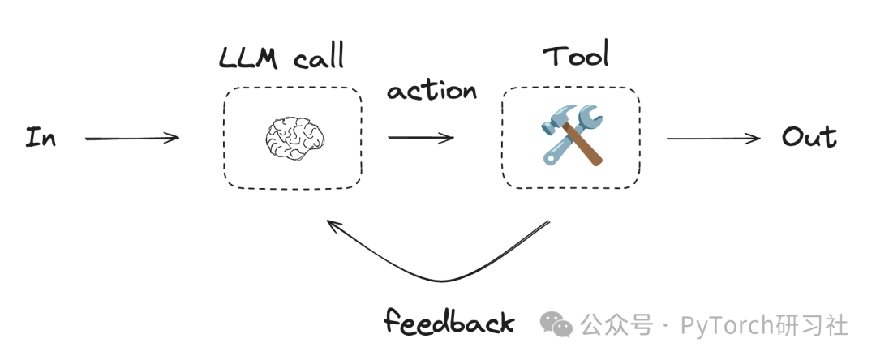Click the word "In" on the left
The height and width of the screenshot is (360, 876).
click(x=41, y=137)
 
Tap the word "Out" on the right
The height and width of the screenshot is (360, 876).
click(x=809, y=137)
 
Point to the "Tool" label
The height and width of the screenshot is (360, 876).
click(x=575, y=56)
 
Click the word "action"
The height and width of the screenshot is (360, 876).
click(x=432, y=90)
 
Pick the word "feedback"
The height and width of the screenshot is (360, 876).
click(x=449, y=323)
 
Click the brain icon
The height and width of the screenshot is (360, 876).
click(x=293, y=137)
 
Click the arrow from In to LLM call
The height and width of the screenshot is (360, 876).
click(x=132, y=138)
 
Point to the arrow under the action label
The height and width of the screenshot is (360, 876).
click(x=420, y=138)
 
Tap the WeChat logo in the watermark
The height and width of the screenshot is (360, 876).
click(x=556, y=325)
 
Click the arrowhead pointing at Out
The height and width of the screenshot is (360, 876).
click(x=756, y=138)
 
